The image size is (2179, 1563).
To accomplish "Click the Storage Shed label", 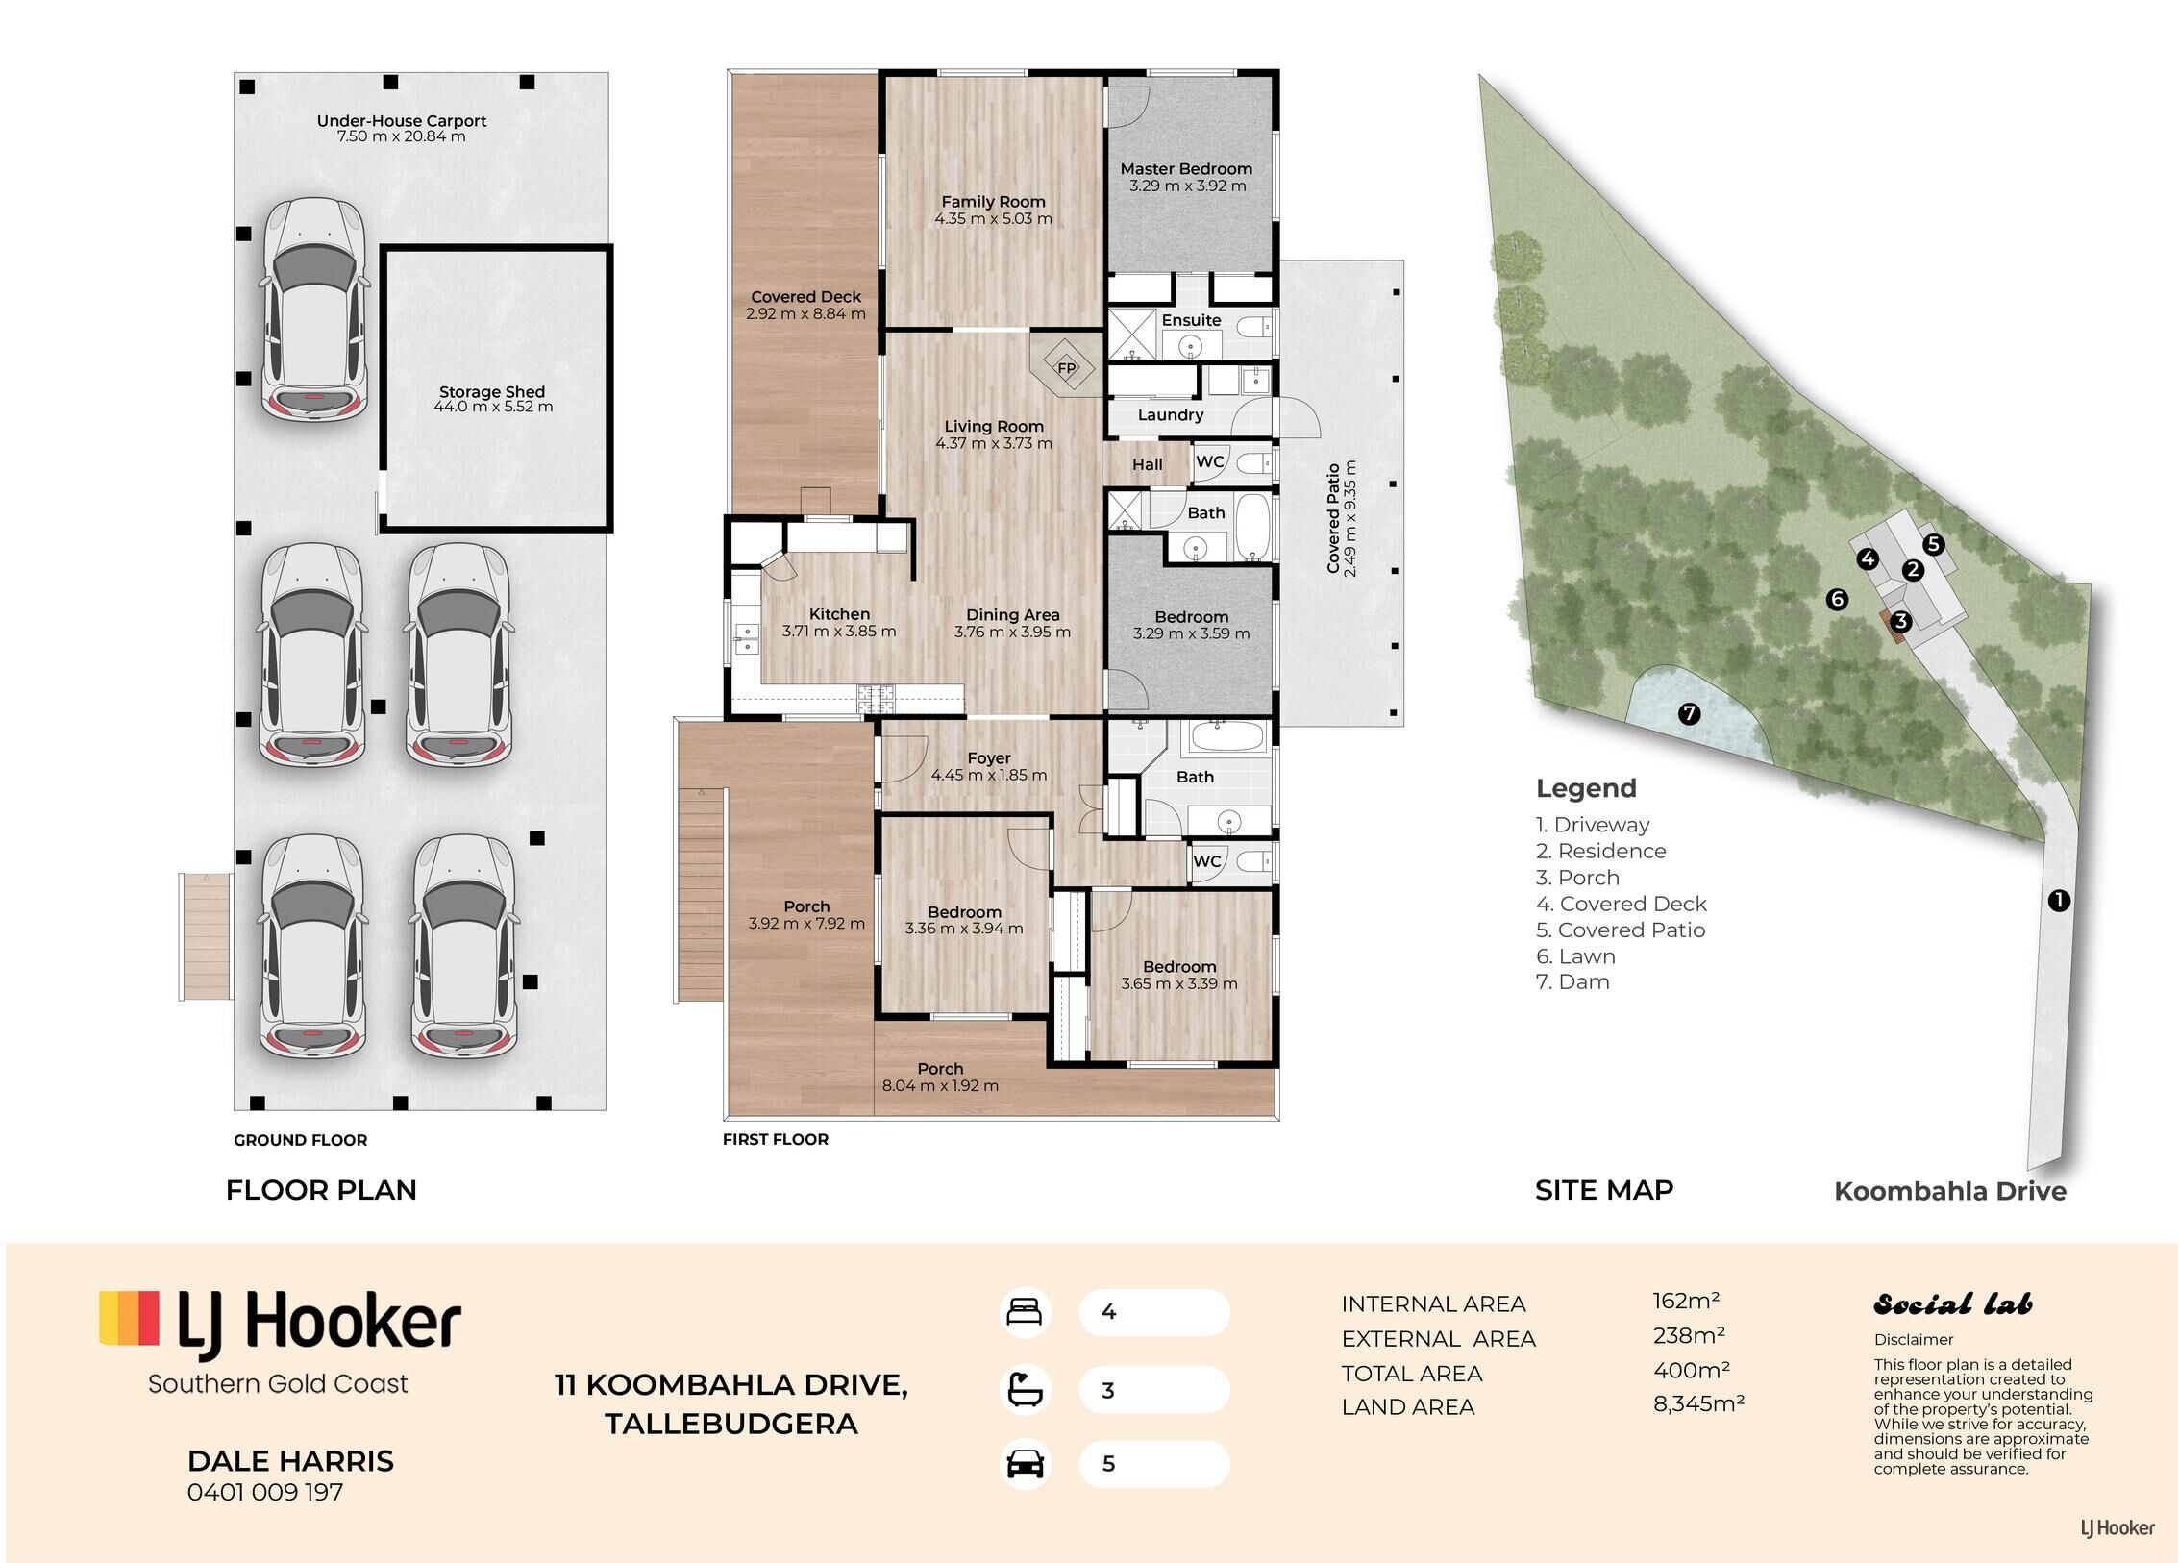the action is pos(492,392).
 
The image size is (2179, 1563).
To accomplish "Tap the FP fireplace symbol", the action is pos(1066,367).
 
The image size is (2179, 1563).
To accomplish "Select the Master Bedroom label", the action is pos(1186,169).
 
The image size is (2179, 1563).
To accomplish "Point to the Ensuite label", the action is pos(1191,320).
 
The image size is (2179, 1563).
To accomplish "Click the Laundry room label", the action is pos(1170,415).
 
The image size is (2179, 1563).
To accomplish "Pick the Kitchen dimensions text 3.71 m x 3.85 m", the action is pos(838,632).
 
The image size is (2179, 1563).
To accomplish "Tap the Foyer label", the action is pos(989,758).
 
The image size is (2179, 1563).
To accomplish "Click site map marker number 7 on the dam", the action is pos(1689,714).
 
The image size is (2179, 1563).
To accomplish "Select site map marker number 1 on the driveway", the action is pos(2058,901).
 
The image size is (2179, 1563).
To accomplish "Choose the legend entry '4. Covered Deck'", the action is pos(1621,904).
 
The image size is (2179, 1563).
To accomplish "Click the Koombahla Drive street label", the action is pos(1949,1191).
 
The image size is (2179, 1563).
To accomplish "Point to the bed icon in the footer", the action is pos(1024,1312).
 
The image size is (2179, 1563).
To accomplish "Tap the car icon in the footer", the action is pos(1025,1464).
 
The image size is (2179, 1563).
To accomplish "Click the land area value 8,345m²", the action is pos(1698,1403).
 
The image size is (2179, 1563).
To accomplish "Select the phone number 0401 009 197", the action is pos(265,1492).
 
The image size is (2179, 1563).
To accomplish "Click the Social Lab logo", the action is pos(1953,1304).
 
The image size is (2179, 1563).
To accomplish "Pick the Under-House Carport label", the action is pos(402,121).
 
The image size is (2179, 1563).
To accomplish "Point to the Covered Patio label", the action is pos(1333,518).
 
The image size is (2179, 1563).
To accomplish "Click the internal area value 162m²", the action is pos(1686,1301).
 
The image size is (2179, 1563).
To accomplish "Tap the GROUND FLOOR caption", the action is pos(301,1140).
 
